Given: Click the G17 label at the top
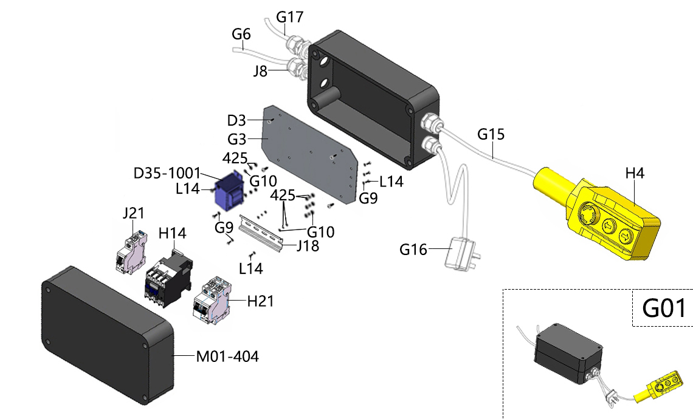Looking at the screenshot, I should (289, 17).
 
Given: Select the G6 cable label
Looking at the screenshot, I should (241, 34).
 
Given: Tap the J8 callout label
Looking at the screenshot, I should (260, 70).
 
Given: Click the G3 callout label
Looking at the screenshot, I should (236, 139).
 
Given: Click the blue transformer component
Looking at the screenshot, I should (230, 191).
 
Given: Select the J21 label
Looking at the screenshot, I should (134, 213).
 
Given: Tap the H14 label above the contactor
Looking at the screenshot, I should (173, 233).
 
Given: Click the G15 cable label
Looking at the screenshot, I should (491, 134).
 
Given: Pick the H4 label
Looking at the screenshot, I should (635, 174).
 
